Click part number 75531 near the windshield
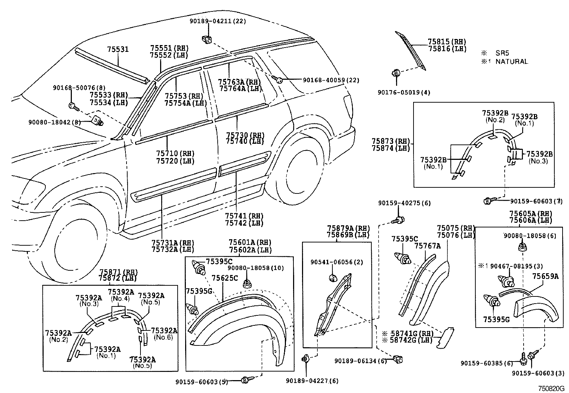coord(118,49)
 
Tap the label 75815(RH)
coord(447,41)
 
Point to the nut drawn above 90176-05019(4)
coord(396,74)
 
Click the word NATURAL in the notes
coord(511,62)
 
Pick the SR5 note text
coord(502,53)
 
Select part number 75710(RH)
coord(175,153)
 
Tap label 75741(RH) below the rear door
coord(244,216)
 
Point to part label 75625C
coord(224,278)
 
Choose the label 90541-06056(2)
coord(336,262)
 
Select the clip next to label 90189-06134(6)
coord(398,359)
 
